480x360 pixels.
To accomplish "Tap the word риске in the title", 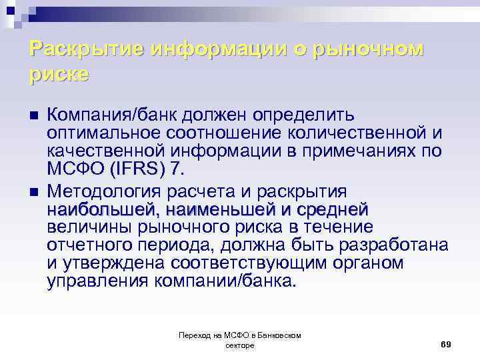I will tap(59, 74).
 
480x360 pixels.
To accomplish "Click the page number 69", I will tap(446, 343).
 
